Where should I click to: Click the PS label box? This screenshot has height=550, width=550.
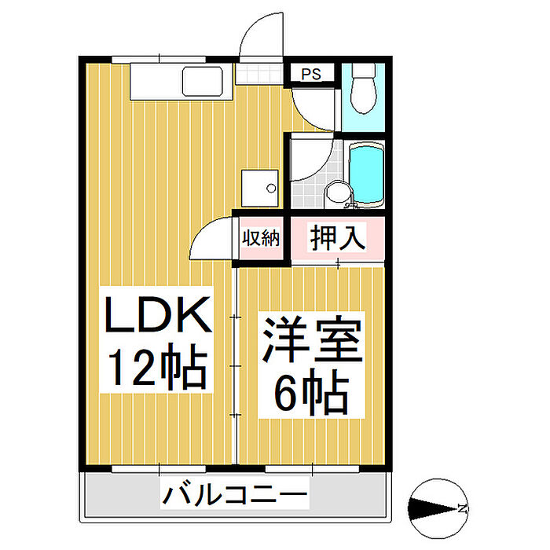coord(312,75)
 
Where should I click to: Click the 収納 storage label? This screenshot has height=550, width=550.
coord(260,237)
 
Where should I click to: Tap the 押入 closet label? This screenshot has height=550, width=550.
coord(337,237)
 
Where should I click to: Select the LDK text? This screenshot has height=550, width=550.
coord(159,316)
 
